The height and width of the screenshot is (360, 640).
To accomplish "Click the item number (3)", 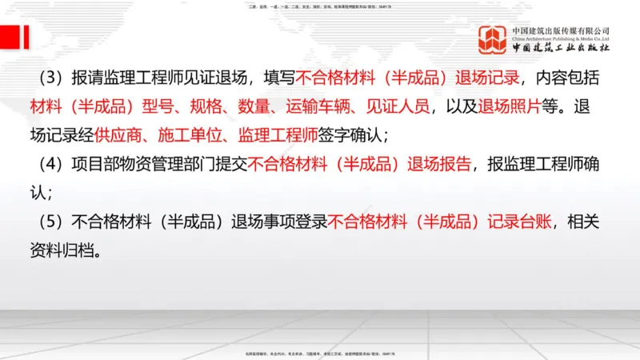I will [x=49, y=78].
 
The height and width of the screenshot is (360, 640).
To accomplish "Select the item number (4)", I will [x=49, y=165].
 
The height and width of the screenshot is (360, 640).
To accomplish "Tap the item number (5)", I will [x=49, y=222].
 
